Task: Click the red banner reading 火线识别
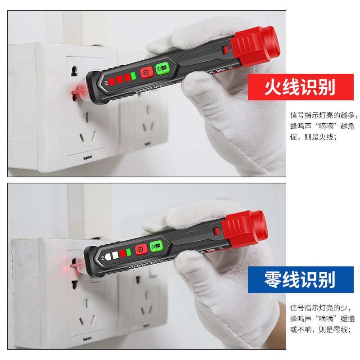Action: (300, 87)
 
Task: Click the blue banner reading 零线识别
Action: (300, 279)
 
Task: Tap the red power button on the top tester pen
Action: (146, 72)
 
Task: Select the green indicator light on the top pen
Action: (133, 76)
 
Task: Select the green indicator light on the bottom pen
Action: (128, 252)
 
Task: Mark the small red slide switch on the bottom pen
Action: (217, 231)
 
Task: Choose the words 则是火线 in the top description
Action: (319, 137)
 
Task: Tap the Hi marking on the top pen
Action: (107, 83)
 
